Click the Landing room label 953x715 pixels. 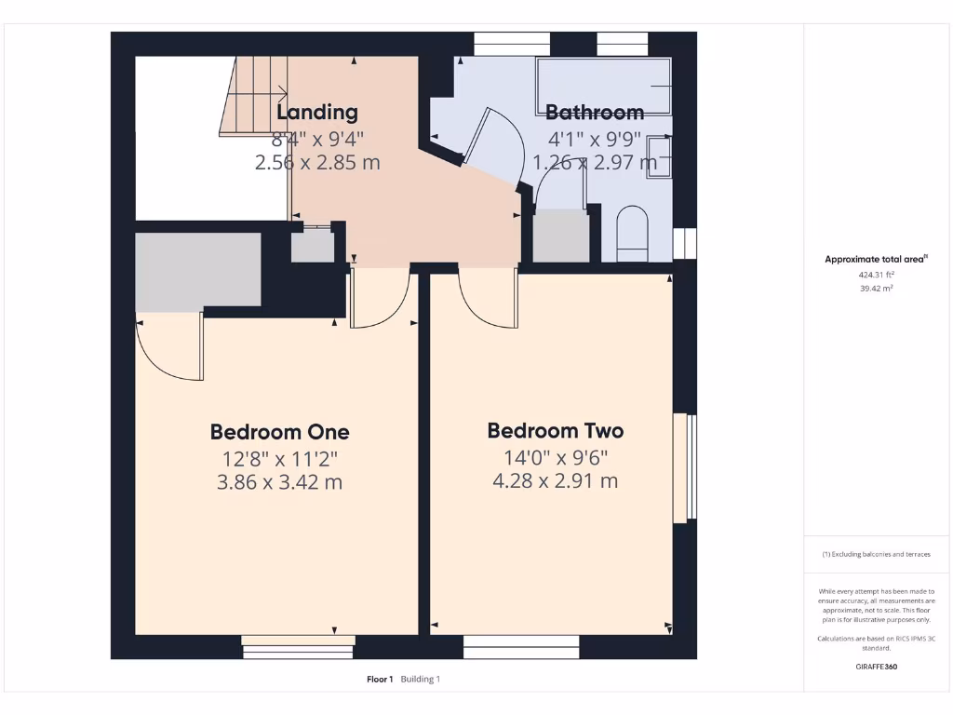pyautogui.click(x=317, y=113)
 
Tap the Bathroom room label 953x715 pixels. pyautogui.click(x=594, y=113)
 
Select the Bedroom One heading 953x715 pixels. pyautogui.click(x=279, y=432)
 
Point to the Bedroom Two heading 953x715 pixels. pyautogui.click(x=555, y=430)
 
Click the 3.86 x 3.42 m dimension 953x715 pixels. pyautogui.click(x=279, y=482)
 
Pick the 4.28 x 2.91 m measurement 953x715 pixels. pyautogui.click(x=555, y=480)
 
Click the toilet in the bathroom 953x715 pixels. pyautogui.click(x=633, y=234)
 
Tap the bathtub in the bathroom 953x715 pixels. pyautogui.click(x=604, y=87)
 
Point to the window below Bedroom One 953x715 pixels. pyautogui.click(x=298, y=641)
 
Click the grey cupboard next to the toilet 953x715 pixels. pyautogui.click(x=560, y=236)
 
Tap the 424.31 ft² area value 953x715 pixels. pyautogui.click(x=876, y=275)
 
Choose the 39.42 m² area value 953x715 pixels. pyautogui.click(x=876, y=289)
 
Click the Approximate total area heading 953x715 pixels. pyautogui.click(x=876, y=260)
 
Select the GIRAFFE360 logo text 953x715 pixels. pyautogui.click(x=876, y=667)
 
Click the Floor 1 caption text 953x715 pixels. pyautogui.click(x=380, y=680)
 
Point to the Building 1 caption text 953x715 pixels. pyautogui.click(x=421, y=680)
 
